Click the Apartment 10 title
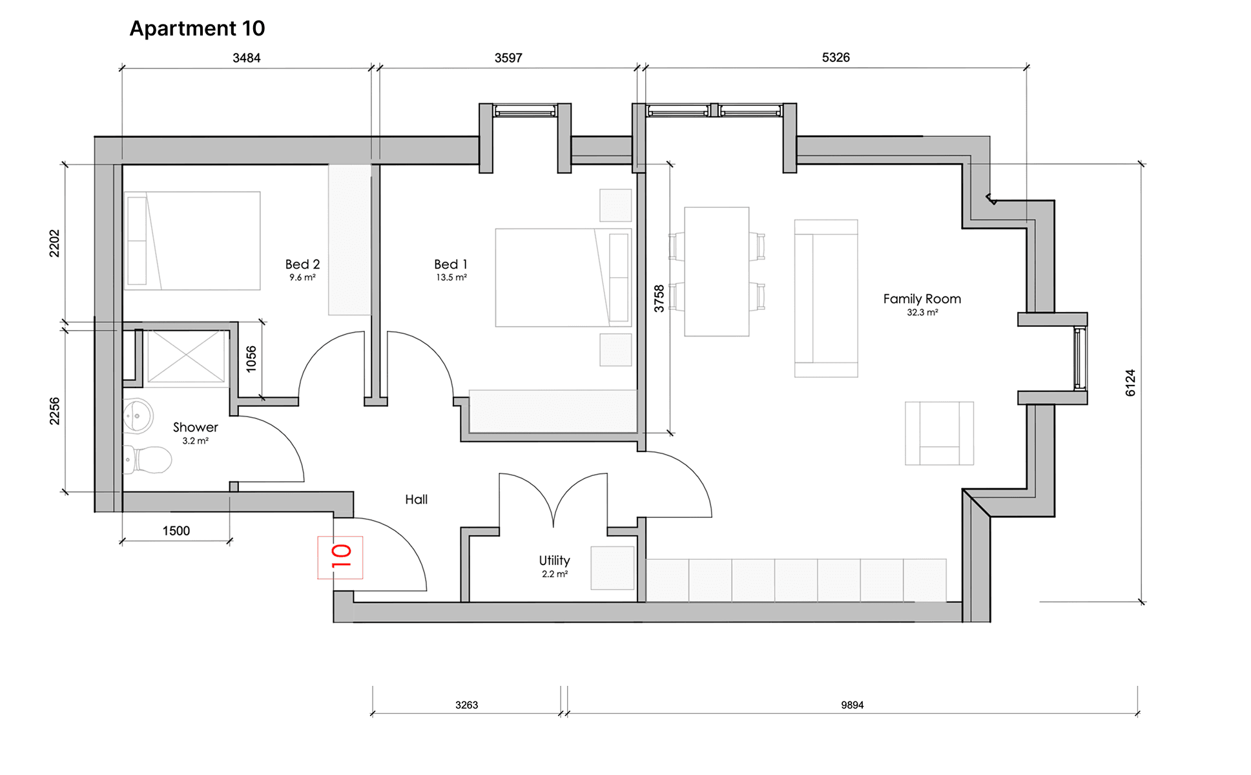(197, 28)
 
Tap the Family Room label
(922, 299)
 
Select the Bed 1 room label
(451, 264)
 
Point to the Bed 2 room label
(302, 264)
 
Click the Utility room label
(554, 561)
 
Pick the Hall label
(416, 499)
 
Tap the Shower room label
(195, 428)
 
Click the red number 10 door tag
(340, 557)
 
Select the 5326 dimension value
(836, 57)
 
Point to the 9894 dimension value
(852, 705)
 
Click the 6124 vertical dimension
(1130, 383)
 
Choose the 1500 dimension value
(176, 531)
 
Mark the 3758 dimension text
(659, 298)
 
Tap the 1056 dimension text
(251, 359)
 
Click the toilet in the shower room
(147, 459)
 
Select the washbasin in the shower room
(137, 415)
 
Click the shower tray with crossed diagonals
(186, 356)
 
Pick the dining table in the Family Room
(717, 271)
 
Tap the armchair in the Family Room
(939, 433)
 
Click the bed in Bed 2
(192, 240)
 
